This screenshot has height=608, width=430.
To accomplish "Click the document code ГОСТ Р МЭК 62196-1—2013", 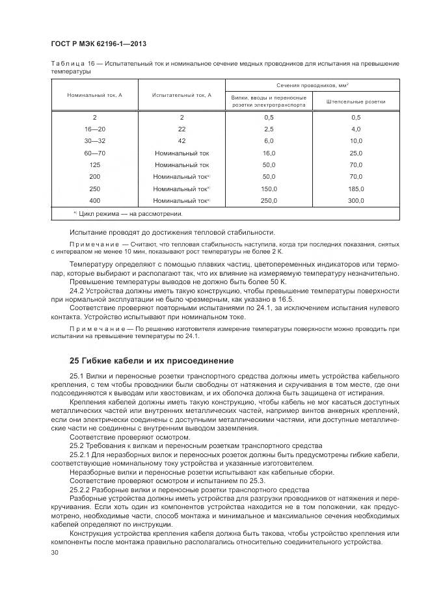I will point(98,44).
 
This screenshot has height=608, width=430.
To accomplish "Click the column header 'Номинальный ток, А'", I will point(94,95).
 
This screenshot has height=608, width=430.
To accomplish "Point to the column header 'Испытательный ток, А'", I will point(181,95).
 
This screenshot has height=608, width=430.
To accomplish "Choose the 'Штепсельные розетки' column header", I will point(355,101).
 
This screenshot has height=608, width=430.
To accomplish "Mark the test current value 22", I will point(181,129).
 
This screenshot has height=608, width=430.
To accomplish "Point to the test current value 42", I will point(181,140).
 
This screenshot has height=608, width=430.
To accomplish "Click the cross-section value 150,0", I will point(269,189).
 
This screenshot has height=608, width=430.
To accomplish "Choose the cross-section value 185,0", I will point(355,189).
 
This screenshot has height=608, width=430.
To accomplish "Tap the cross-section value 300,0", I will point(355,200).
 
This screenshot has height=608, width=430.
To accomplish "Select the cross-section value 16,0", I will point(269,153).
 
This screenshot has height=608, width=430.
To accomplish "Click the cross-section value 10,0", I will point(355,140).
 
